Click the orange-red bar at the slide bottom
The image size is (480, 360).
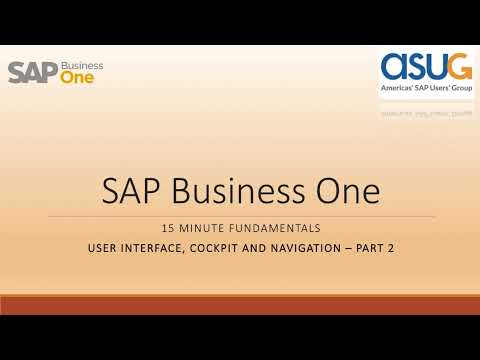(x=240, y=305)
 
